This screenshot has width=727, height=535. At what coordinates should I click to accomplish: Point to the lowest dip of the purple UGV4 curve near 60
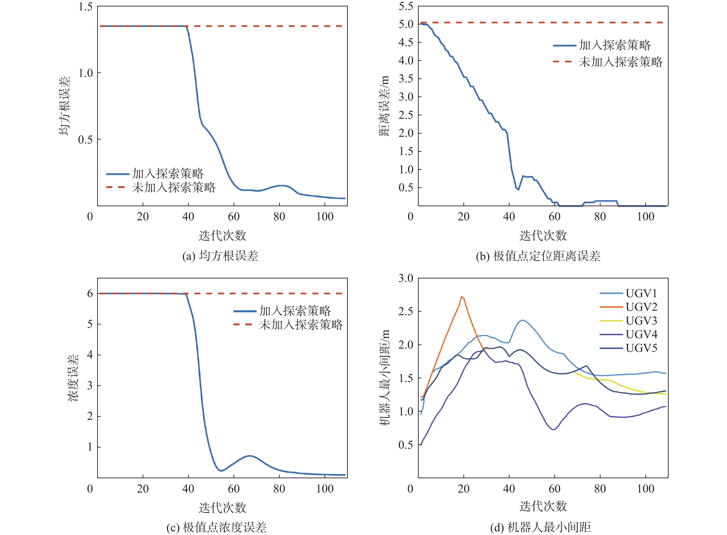coord(554,429)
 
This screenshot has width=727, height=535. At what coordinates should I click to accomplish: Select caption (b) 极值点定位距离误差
coord(538,256)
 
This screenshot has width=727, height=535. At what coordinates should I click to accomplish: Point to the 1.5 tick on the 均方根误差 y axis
coord(86,7)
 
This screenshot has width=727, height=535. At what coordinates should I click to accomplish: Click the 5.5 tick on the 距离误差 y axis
coord(406,6)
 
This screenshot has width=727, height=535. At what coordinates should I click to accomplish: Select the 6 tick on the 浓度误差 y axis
coord(90,293)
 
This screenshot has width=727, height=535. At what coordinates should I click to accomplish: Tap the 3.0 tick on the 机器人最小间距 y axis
coord(406,278)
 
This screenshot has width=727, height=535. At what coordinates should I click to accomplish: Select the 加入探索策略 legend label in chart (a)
coord(168,173)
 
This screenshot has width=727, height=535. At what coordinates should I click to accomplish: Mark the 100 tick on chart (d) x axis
coord(645,489)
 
